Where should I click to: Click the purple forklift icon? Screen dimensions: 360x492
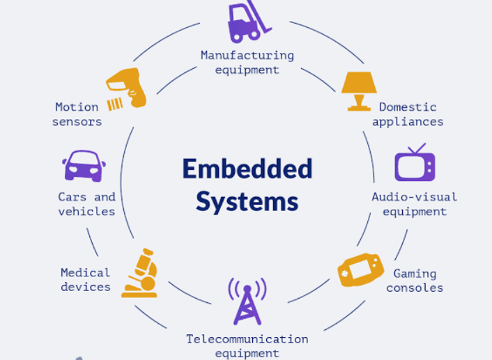pyautogui.click(x=247, y=22)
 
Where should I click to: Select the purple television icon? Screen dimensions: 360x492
pyautogui.click(x=415, y=164)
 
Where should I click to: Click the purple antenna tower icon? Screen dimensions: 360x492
pyautogui.click(x=247, y=301)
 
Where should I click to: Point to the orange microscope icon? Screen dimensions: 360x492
pyautogui.click(x=139, y=274)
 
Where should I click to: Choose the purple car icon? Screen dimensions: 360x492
pyautogui.click(x=84, y=166)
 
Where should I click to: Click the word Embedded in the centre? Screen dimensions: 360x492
pyautogui.click(x=247, y=169)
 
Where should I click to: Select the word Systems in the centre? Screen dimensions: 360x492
pyautogui.click(x=247, y=201)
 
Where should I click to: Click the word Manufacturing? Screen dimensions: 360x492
pyautogui.click(x=247, y=55)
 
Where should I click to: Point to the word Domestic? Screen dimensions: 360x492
pyautogui.click(x=408, y=107)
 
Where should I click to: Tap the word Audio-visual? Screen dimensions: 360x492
pyautogui.click(x=414, y=197)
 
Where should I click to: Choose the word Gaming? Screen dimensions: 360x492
pyautogui.click(x=415, y=274)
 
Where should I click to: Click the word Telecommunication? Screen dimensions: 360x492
pyautogui.click(x=247, y=339)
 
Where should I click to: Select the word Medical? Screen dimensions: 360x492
pyautogui.click(x=85, y=272)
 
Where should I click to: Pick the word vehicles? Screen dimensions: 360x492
pyautogui.click(x=86, y=212)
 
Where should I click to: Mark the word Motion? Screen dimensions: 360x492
pyautogui.click(x=77, y=107)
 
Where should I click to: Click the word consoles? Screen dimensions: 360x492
pyautogui.click(x=415, y=288)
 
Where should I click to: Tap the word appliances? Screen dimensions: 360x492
pyautogui.click(x=408, y=122)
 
